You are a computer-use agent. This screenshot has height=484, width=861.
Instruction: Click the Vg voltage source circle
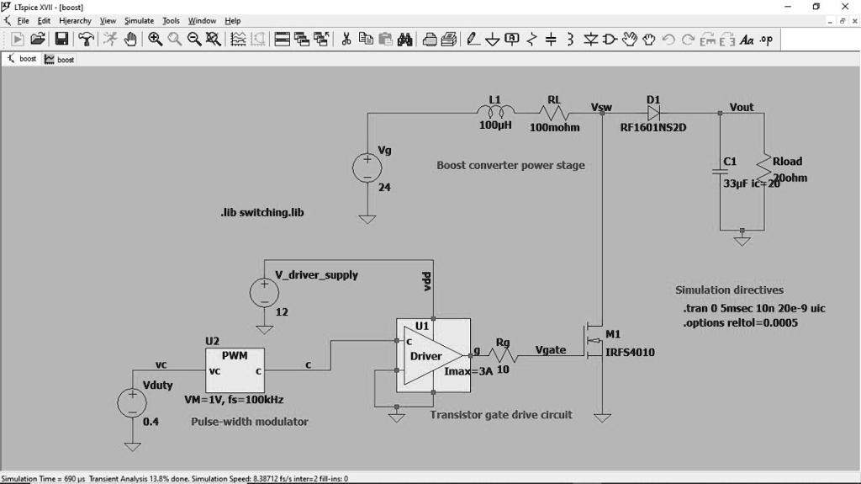367,167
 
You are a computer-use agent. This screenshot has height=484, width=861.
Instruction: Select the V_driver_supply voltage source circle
264,292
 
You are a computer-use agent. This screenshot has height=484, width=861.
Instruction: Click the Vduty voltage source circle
132,402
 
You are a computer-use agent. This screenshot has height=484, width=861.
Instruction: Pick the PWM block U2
235,367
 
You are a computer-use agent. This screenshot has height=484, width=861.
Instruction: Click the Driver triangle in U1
428,356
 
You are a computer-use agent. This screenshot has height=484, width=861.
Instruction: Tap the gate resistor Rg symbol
502,356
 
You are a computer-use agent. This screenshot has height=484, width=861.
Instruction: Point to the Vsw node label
602,107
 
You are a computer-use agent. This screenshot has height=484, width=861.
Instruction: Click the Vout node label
742,107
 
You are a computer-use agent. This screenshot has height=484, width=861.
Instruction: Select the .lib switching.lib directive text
256,212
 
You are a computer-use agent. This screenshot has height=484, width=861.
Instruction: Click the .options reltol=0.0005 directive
740,322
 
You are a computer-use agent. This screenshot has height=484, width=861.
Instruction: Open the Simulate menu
139,20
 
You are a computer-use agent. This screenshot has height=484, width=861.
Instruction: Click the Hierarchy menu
75,20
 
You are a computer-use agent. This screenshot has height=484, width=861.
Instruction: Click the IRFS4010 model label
630,353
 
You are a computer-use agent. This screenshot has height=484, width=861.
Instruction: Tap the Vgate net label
552,350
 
